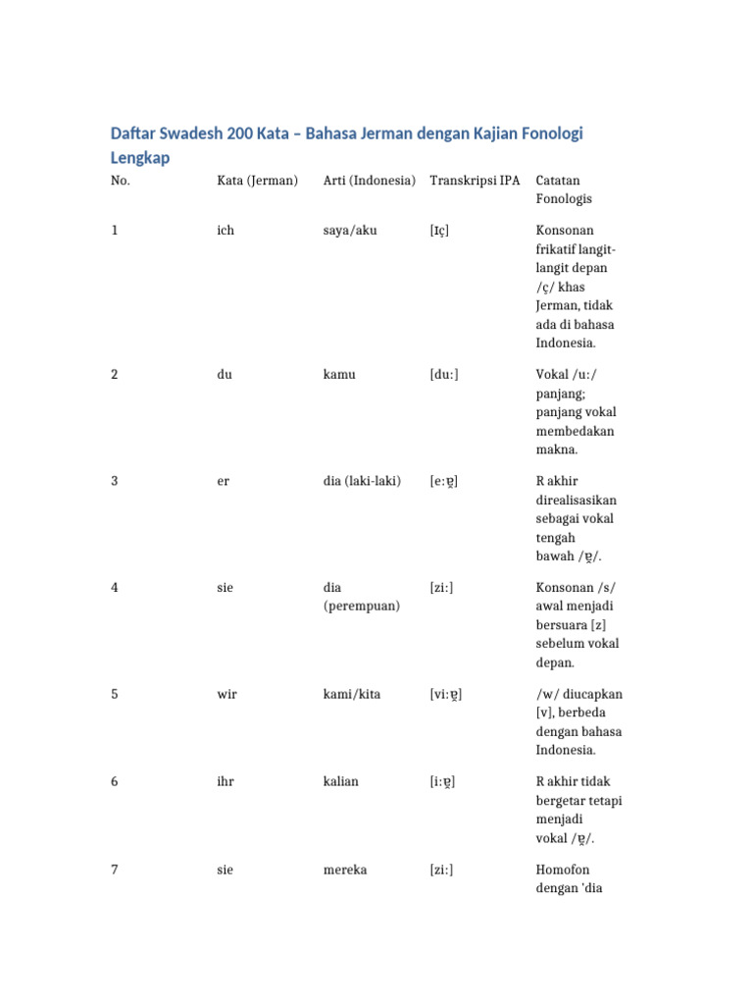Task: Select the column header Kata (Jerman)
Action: [x=257, y=181]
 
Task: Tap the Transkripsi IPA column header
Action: [x=475, y=181]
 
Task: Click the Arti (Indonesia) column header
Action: [x=369, y=181]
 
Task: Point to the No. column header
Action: [x=121, y=181]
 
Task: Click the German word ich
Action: [x=226, y=231]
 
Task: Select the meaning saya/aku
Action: [x=350, y=231]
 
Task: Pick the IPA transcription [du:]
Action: [x=444, y=375]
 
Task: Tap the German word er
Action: [x=224, y=481]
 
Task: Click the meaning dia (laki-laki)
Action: [x=362, y=481]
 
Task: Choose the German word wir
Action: [x=226, y=694]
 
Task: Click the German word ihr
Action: [x=226, y=781]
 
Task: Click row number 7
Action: [x=115, y=870]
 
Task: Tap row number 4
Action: [x=115, y=588]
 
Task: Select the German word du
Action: [x=225, y=375]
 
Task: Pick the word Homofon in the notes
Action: [x=563, y=870]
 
